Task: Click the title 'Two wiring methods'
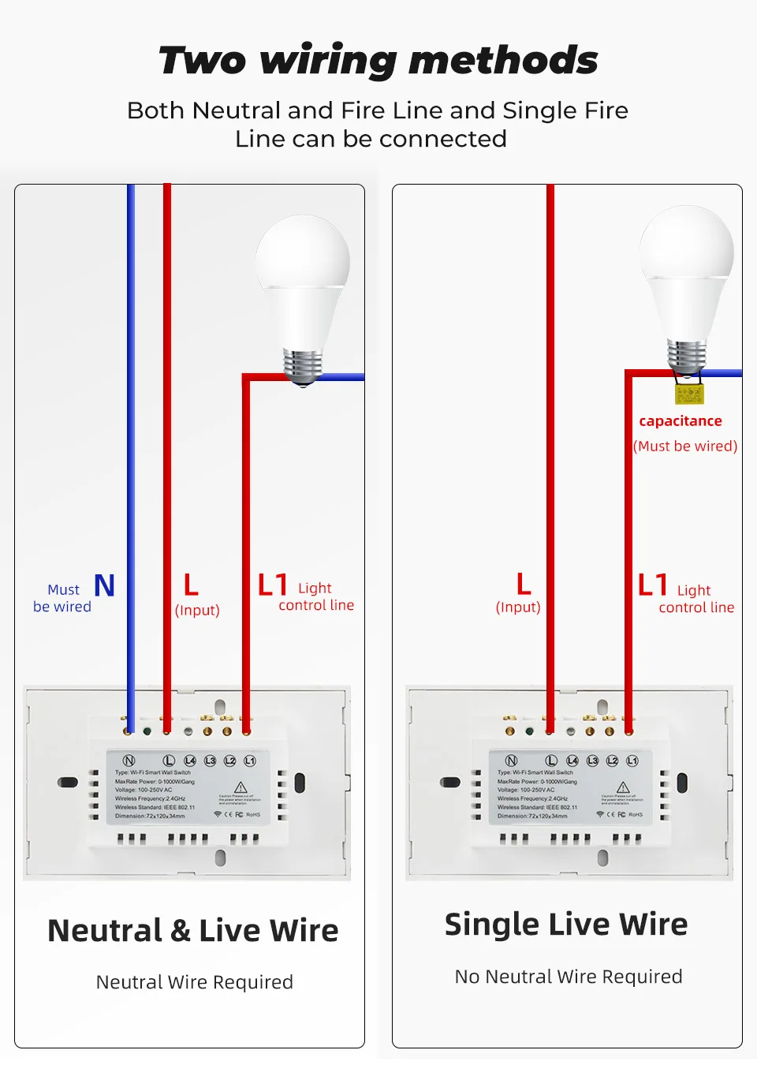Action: pyautogui.click(x=378, y=60)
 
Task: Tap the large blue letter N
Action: pyautogui.click(x=105, y=586)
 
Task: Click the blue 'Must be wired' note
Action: pyautogui.click(x=62, y=598)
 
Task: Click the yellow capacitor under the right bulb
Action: pyautogui.click(x=688, y=394)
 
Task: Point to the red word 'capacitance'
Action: pyautogui.click(x=680, y=421)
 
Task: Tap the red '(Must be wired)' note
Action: pyautogui.click(x=685, y=446)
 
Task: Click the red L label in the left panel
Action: pyautogui.click(x=191, y=585)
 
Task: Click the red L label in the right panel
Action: pyautogui.click(x=524, y=585)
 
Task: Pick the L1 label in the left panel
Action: pyautogui.click(x=273, y=585)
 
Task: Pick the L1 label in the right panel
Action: pyautogui.click(x=653, y=585)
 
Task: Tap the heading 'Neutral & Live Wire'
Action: pyautogui.click(x=193, y=931)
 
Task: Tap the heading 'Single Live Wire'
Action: pyautogui.click(x=566, y=925)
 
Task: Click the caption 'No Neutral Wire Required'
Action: pyautogui.click(x=569, y=977)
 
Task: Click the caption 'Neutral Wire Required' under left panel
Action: pyautogui.click(x=195, y=982)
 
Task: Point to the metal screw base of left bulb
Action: pyautogui.click(x=303, y=365)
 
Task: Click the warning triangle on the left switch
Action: pyautogui.click(x=241, y=787)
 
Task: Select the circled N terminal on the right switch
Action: pyautogui.click(x=511, y=760)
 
